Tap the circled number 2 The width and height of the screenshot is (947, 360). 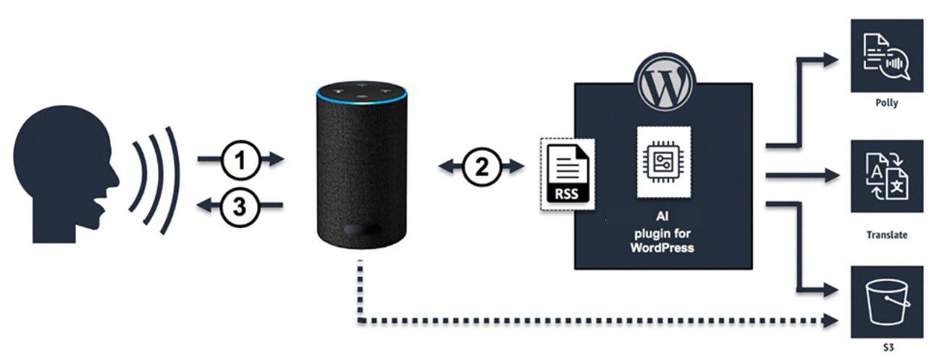[x=481, y=168]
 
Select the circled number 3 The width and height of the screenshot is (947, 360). [x=240, y=206]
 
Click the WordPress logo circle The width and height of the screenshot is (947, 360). [x=664, y=80]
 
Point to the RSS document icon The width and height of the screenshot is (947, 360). [x=569, y=174]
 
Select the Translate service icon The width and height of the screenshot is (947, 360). [x=887, y=176]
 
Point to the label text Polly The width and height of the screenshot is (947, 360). [x=887, y=103]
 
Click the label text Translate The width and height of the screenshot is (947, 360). [x=887, y=235]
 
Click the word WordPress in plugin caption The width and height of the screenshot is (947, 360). [x=664, y=248]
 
